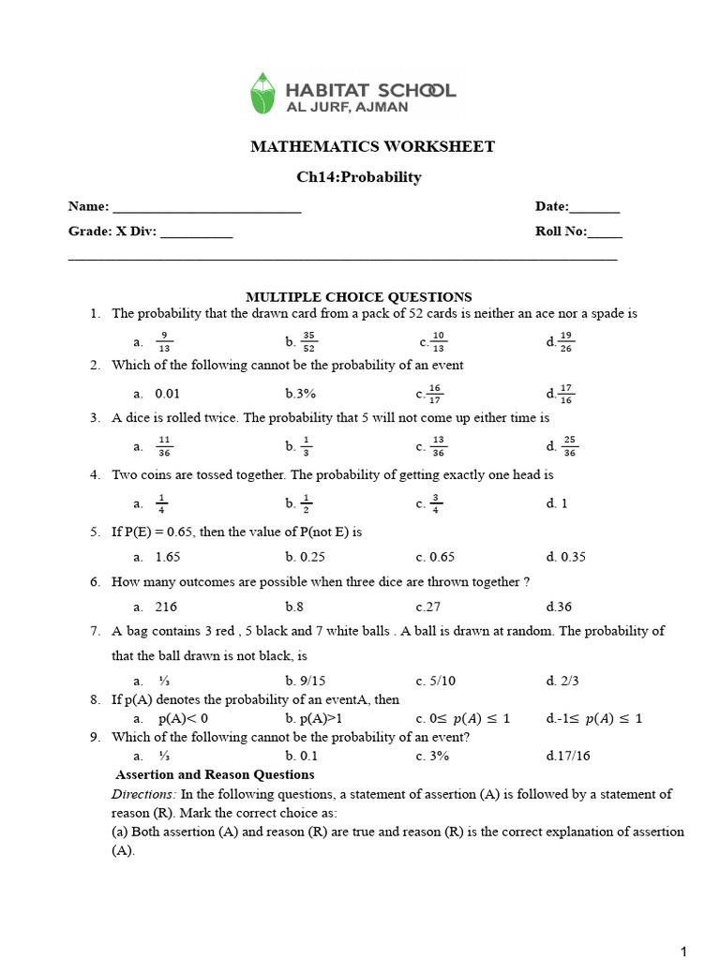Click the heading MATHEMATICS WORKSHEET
click(x=372, y=147)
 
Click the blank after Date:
click(x=594, y=208)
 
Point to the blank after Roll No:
click(x=605, y=233)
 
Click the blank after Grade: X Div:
click(x=196, y=233)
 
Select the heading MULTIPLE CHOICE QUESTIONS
click(x=359, y=297)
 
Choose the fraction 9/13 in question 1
click(x=164, y=341)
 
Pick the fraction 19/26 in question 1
click(x=566, y=341)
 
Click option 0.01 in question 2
click(x=168, y=394)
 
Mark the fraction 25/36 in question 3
click(x=569, y=446)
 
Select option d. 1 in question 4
click(x=557, y=503)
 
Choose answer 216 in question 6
click(x=166, y=607)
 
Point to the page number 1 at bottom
click(x=684, y=952)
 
